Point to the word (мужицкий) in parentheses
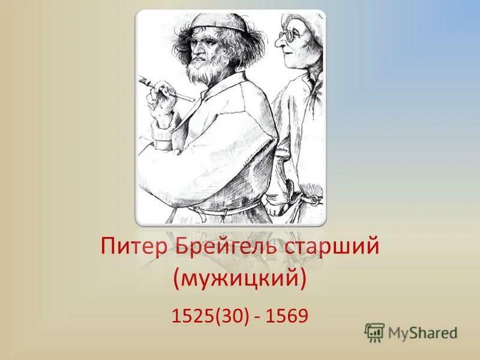[240, 278]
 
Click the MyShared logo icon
[374, 332]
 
